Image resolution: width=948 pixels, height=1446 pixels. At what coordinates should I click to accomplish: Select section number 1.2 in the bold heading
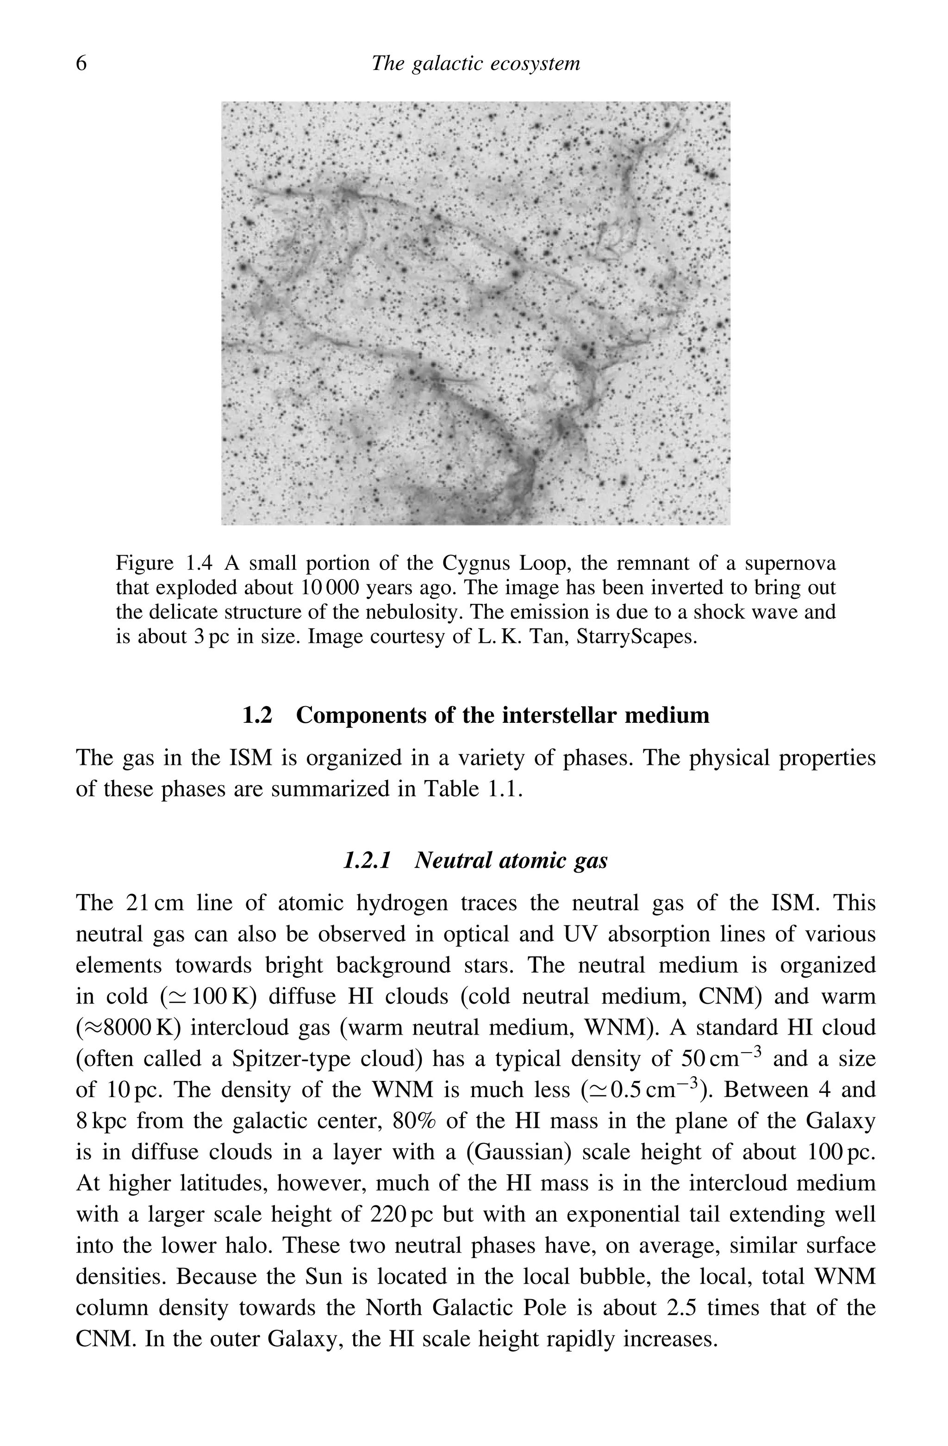257,715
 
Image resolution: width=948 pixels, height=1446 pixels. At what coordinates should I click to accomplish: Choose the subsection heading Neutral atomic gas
511,860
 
